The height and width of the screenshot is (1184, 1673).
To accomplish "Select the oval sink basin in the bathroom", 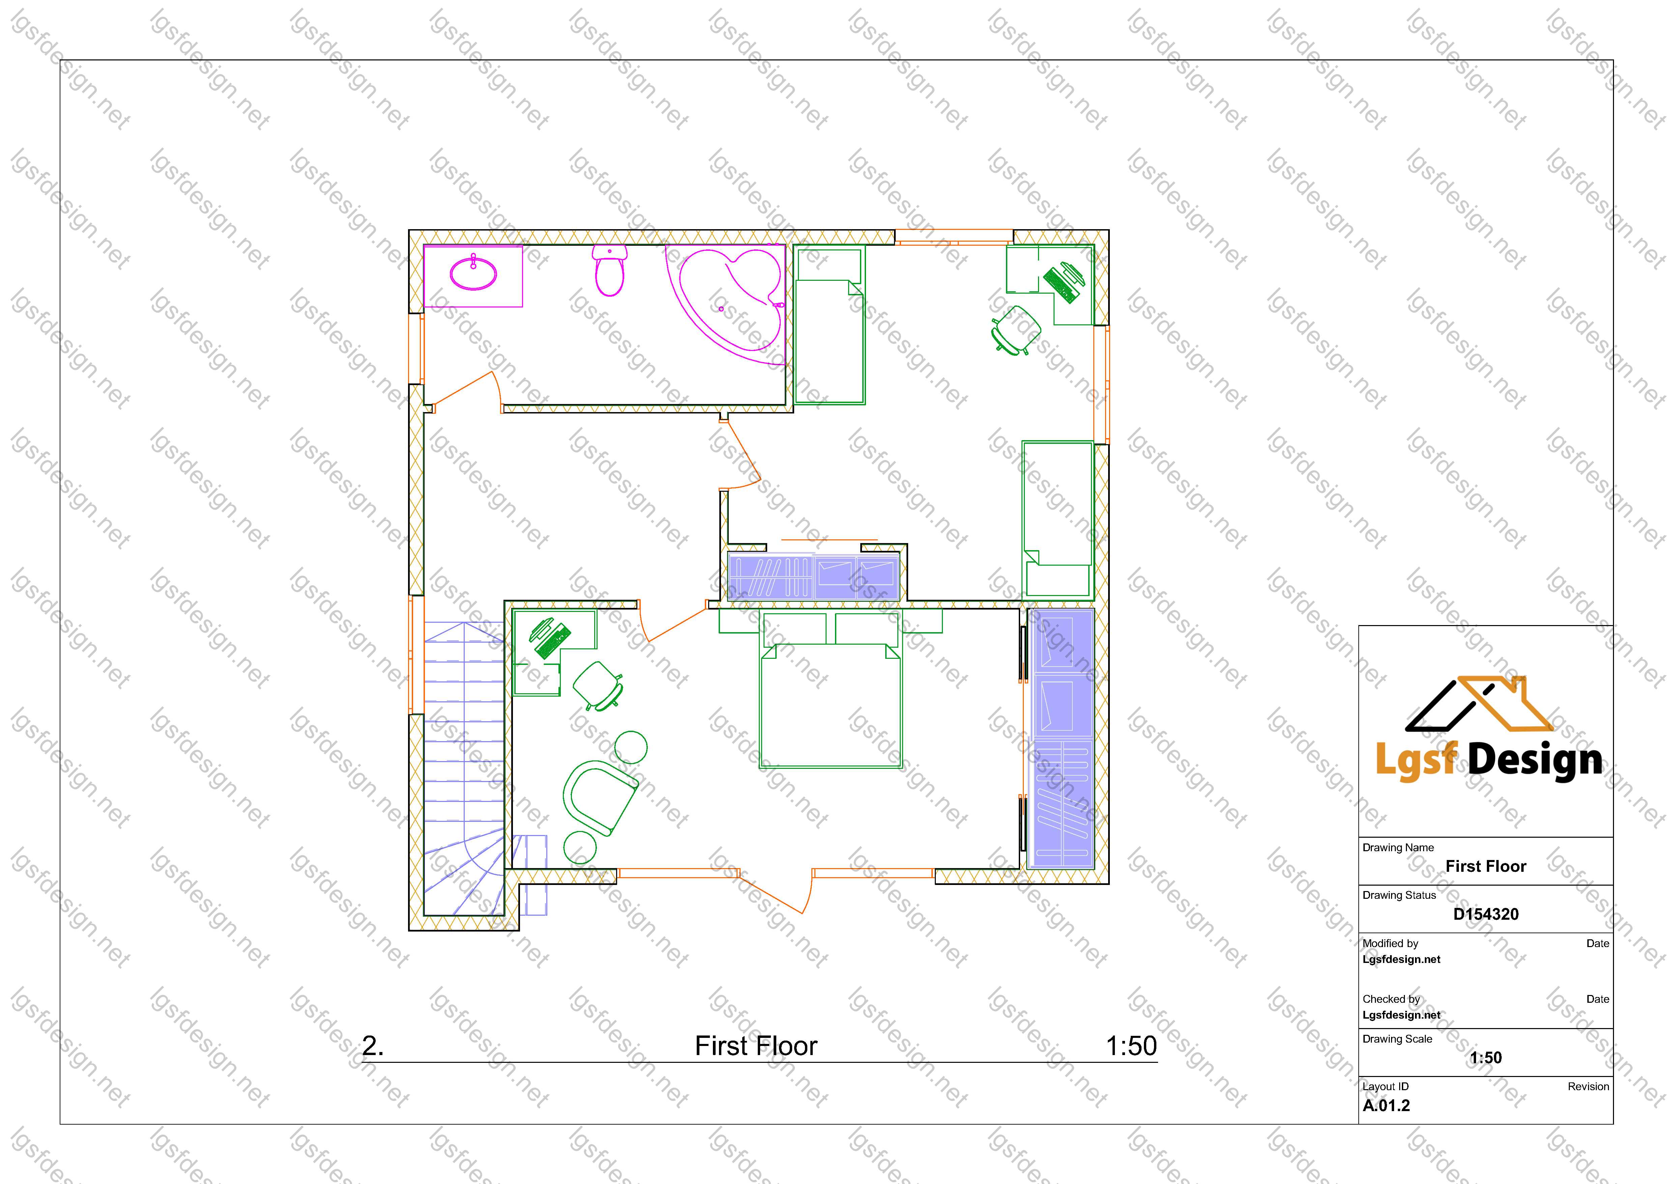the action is (x=473, y=274).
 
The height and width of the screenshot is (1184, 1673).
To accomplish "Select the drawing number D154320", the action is (x=1486, y=914).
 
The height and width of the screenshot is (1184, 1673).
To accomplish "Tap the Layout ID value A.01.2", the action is (x=1386, y=1105).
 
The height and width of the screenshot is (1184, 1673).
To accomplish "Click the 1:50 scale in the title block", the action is (x=1486, y=1058).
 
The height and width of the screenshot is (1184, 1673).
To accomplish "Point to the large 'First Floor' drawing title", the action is (x=756, y=1046).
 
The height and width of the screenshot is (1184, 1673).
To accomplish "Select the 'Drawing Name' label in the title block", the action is (x=1398, y=847).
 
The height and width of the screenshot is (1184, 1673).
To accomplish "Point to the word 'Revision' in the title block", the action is (x=1588, y=1086).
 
